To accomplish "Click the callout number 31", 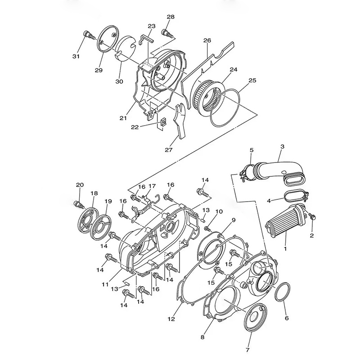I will coord(76,56).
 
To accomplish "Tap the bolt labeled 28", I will coord(166,33).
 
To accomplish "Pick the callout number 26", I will coord(207,40).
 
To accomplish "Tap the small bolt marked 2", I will coord(312,218).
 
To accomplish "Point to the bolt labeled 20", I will coord(79,204).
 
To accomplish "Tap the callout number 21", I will coord(123,118).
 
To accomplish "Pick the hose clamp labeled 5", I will coord(246,171).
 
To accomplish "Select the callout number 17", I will coord(152,186).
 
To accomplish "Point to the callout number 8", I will coord(202,336).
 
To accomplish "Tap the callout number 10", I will coord(219,211).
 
